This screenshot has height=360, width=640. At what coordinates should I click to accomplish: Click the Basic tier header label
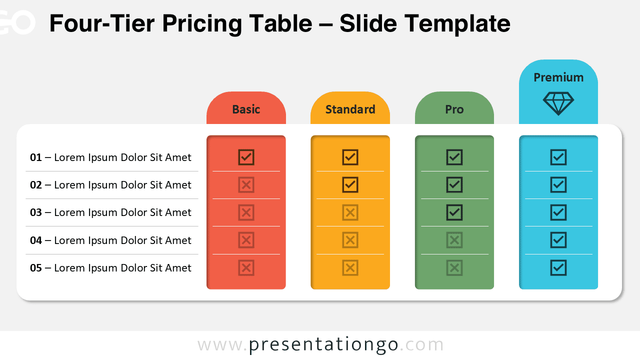pos(246,109)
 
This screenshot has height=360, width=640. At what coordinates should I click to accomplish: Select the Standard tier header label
pos(350,109)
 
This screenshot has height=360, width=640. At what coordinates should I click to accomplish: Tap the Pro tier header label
pos(454,109)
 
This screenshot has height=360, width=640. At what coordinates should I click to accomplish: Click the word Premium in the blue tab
pos(558,77)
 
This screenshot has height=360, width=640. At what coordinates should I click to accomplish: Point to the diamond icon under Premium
pos(558,103)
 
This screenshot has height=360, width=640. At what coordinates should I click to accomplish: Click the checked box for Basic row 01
pos(246,157)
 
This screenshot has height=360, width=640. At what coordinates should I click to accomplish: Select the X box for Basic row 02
pos(246,184)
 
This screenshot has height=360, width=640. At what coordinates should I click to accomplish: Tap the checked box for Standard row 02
pos(350,184)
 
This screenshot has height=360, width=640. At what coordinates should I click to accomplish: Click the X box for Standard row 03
pos(350,212)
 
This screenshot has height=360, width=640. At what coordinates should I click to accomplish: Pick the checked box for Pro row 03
pos(454,212)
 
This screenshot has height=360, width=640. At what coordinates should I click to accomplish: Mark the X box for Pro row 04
pos(454,240)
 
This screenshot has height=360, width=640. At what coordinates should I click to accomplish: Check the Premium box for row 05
pos(558,267)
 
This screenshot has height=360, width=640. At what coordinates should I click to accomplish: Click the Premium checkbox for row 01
pos(558,157)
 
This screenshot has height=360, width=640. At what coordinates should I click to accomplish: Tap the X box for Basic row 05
pos(246,267)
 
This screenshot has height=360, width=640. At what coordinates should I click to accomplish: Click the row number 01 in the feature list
pos(36,157)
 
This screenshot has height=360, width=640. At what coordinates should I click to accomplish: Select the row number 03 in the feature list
pos(36,212)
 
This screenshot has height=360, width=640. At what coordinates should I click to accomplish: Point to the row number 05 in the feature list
pos(36,268)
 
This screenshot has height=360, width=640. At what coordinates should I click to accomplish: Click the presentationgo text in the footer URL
pos(323,345)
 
